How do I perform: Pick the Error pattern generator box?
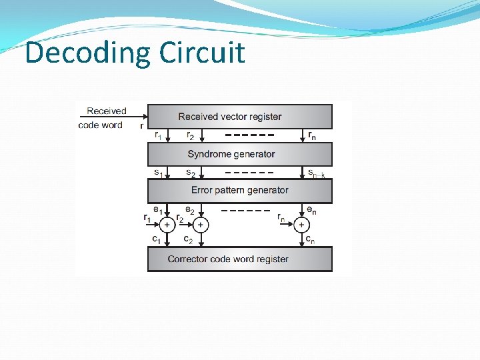[x=239, y=191]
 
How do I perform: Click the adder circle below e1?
[x=167, y=225]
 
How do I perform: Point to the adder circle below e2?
[x=200, y=225]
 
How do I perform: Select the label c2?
[x=188, y=239]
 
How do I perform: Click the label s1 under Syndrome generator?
[x=158, y=173]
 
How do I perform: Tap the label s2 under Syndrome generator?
[x=190, y=173]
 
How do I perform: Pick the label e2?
[x=189, y=211]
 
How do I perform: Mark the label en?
[x=311, y=211]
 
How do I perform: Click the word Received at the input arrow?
[x=106, y=111]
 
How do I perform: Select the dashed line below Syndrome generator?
[x=249, y=173]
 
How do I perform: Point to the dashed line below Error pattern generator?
[x=245, y=211]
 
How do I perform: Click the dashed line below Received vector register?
[x=250, y=135]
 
